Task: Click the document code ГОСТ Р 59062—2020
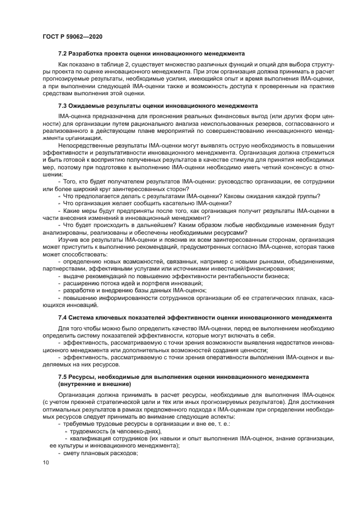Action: (x=72, y=36)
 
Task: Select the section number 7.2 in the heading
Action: (x=64, y=53)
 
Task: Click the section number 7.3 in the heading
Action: (x=64, y=105)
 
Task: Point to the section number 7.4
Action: (x=64, y=317)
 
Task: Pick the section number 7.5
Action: (x=64, y=376)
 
